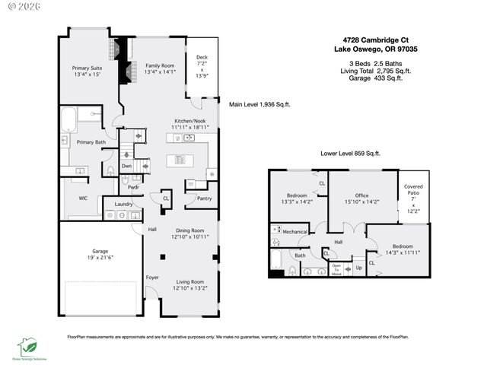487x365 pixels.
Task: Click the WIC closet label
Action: pyautogui.click(x=84, y=198)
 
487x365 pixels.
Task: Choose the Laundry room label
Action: pyautogui.click(x=124, y=204)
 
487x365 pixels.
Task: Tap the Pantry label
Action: pyautogui.click(x=204, y=198)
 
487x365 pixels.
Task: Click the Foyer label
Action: pyautogui.click(x=151, y=278)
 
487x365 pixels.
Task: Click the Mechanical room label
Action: pyautogui.click(x=294, y=231)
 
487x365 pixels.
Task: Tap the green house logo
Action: pyautogui.click(x=28, y=346)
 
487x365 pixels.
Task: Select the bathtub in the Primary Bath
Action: pyautogui.click(x=68, y=121)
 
